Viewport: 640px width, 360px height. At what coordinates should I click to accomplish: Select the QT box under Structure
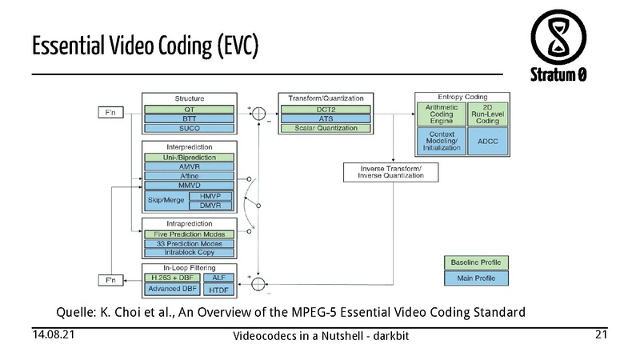point(189,110)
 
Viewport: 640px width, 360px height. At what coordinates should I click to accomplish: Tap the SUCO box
point(189,128)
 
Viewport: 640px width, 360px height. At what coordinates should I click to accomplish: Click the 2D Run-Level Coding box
point(488,114)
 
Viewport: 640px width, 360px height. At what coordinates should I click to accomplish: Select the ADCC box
point(488,141)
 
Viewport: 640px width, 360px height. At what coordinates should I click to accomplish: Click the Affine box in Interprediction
point(189,176)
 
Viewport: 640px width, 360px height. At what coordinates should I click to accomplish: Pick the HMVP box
point(210,196)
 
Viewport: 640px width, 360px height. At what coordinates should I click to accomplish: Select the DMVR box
point(210,206)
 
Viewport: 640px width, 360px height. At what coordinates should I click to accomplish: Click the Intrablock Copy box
point(189,253)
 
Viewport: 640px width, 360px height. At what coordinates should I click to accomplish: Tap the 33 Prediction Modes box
point(189,243)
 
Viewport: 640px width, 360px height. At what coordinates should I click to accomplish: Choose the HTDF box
point(219,289)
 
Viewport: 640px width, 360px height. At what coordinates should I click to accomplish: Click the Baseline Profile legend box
point(475,263)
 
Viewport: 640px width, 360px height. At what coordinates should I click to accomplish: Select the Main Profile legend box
point(475,278)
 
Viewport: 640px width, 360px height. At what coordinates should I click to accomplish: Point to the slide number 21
point(602,334)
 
